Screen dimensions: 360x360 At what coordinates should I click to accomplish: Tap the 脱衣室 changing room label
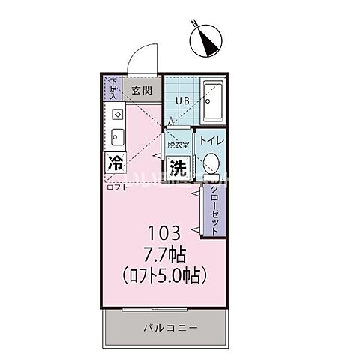(178, 144)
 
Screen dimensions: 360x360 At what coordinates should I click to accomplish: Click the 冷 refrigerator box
(116, 163)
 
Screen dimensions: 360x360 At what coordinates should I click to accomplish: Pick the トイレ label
(210, 139)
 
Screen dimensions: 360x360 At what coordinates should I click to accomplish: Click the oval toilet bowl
(211, 164)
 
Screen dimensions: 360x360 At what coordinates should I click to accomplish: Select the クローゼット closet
(213, 209)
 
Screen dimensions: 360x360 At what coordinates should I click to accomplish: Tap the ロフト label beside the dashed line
(116, 187)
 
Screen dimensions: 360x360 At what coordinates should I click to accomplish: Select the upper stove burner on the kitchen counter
(117, 115)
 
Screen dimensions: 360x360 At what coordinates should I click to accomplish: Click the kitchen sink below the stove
(117, 136)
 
